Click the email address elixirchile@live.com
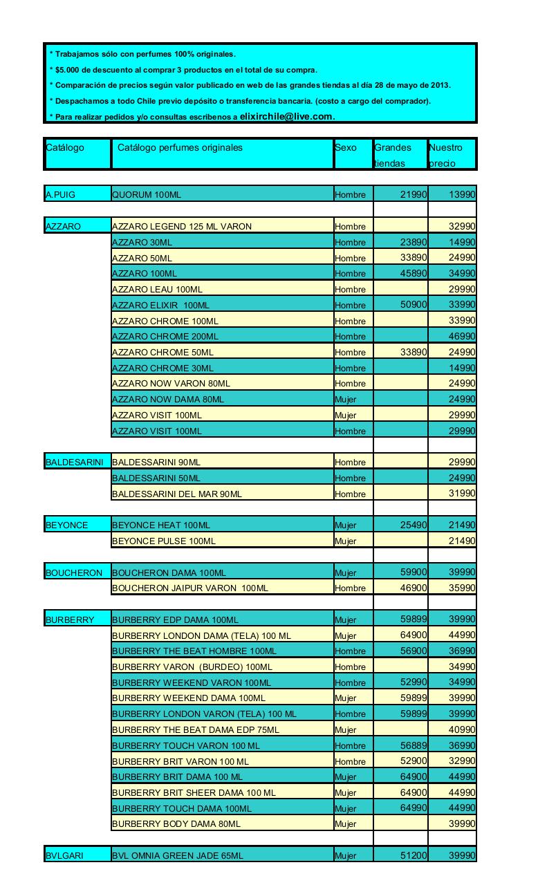point(286,117)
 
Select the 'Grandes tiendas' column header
point(400,155)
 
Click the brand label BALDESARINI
point(77,462)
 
